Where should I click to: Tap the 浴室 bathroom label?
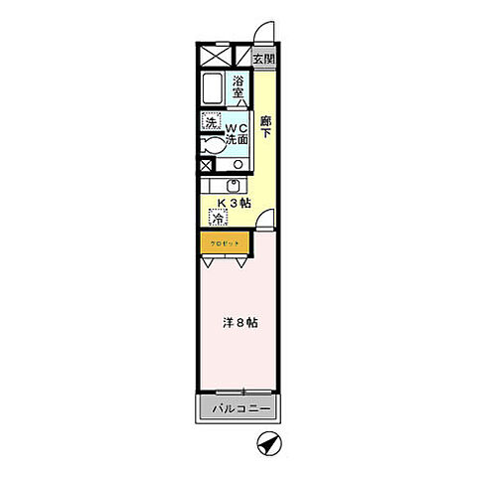click(x=239, y=87)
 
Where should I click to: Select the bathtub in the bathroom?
click(x=213, y=88)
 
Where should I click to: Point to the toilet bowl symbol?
click(x=212, y=144)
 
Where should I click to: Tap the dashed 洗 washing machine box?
click(x=211, y=122)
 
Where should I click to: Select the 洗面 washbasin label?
click(x=237, y=141)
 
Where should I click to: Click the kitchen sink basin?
click(x=235, y=186)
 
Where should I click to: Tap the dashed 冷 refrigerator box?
click(x=217, y=218)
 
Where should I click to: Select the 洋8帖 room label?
click(x=239, y=322)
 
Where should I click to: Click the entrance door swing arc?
click(x=259, y=33)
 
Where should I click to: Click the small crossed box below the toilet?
click(x=206, y=166)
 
